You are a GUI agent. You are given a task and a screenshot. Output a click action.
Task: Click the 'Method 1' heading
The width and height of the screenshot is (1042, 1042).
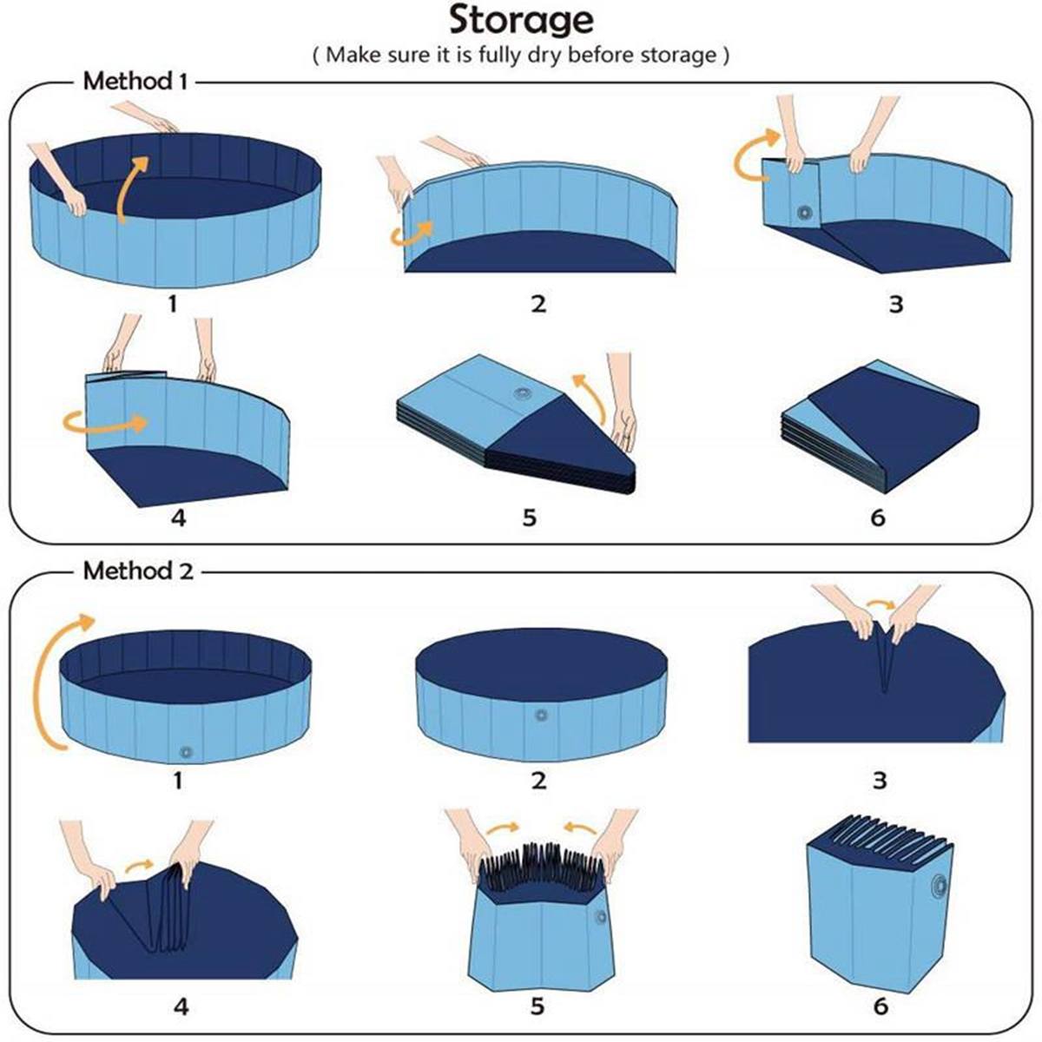(135, 82)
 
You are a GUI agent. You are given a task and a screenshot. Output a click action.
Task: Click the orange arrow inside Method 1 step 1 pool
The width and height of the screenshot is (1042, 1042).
(132, 187)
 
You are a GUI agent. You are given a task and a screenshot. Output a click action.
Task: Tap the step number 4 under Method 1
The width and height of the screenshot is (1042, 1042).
(178, 518)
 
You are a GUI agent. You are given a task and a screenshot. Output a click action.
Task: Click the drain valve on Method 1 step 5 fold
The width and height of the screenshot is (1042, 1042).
(523, 395)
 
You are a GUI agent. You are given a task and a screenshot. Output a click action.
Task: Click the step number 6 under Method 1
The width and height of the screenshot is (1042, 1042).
(878, 518)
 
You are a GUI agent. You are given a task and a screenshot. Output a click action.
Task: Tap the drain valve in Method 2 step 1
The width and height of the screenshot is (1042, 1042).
(183, 751)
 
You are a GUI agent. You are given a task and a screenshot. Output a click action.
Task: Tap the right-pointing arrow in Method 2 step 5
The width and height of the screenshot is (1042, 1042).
(502, 828)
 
